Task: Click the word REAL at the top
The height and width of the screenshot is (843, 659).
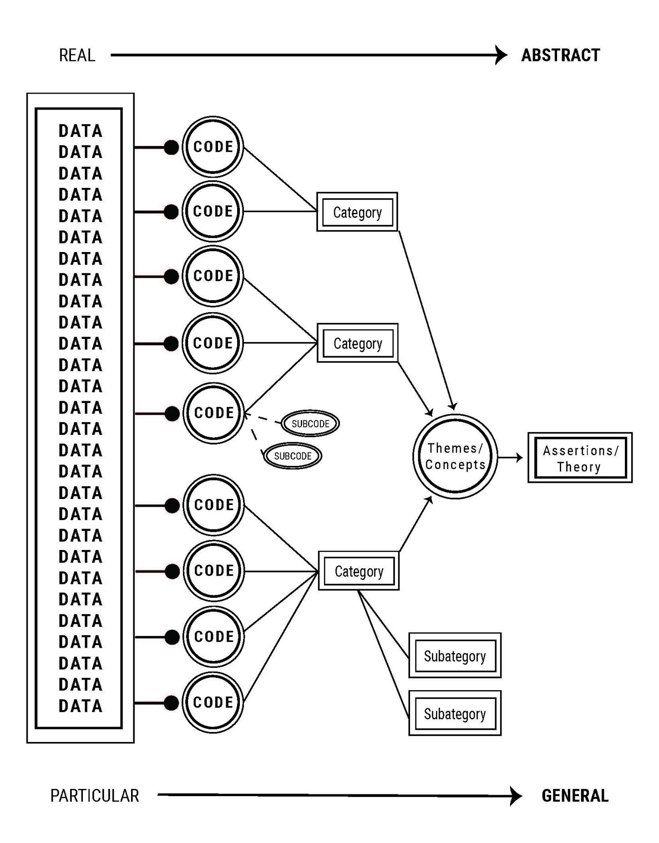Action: tap(77, 56)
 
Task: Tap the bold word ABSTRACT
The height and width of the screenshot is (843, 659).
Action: tap(560, 56)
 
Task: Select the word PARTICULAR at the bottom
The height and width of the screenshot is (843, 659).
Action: tap(94, 796)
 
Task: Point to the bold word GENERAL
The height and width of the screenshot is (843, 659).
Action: tap(575, 796)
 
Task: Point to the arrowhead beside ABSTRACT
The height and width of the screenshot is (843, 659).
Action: tap(502, 55)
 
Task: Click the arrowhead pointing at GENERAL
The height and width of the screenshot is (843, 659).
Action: tap(516, 796)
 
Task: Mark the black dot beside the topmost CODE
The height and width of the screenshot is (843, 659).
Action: tap(171, 147)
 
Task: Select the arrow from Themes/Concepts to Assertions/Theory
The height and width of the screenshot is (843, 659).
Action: tap(511, 457)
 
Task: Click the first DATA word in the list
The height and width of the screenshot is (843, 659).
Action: tap(81, 131)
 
